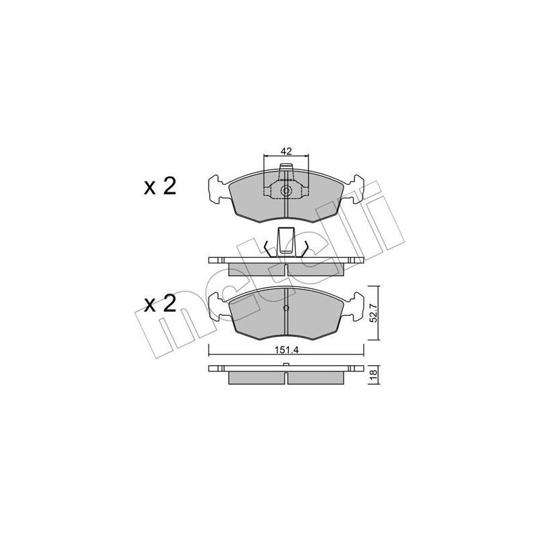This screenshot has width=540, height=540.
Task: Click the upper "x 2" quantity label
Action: tap(160, 186)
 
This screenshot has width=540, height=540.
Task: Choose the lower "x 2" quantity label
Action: tap(160, 304)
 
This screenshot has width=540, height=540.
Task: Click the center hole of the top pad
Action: tap(286, 191)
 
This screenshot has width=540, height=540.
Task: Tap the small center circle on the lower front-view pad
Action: tap(286, 310)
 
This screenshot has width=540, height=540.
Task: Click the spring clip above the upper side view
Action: tap(286, 242)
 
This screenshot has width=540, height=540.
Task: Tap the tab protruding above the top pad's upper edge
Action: tap(286, 168)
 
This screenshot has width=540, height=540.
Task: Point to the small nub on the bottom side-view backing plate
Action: tap(286, 365)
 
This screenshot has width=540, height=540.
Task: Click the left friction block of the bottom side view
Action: tap(256, 377)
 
